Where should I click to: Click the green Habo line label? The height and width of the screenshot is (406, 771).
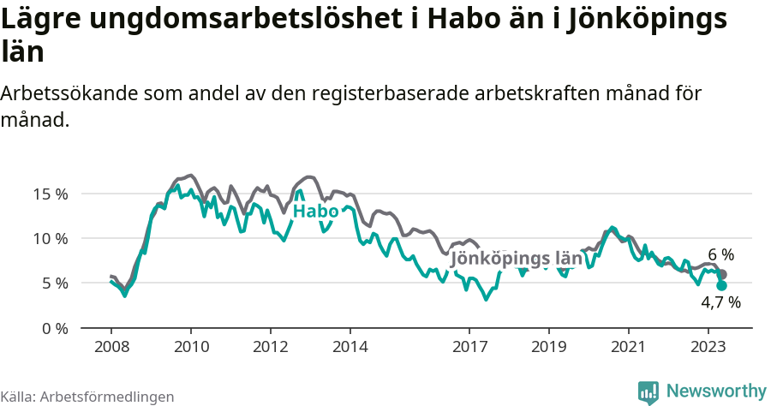click(315, 212)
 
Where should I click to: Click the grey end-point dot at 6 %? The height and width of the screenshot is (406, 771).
click(722, 274)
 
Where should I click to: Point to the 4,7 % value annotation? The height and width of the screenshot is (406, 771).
click(720, 302)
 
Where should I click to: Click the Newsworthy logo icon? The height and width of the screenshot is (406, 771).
click(648, 391)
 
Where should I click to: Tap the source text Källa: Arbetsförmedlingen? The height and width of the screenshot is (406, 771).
click(87, 397)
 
